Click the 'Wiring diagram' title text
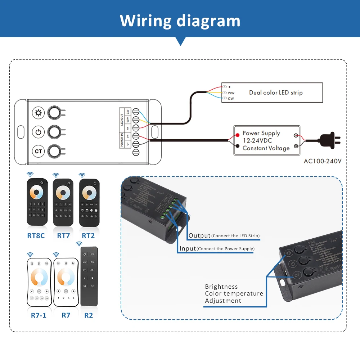pyautogui.click(x=180, y=21)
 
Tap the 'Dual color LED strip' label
pyautogui.click(x=276, y=93)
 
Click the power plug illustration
pyautogui.click(x=328, y=140)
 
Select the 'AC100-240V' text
pyautogui.click(x=322, y=161)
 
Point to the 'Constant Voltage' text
pyautogui.click(x=266, y=148)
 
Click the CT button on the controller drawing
pyautogui.click(x=38, y=151)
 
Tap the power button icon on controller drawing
pyautogui.click(x=38, y=132)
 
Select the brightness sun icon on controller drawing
pyautogui.click(x=38, y=113)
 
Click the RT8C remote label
pyautogui.click(x=36, y=236)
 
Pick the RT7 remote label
pyautogui.click(x=63, y=236)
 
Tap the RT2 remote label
pyautogui.click(x=88, y=236)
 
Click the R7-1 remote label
pyautogui.click(x=39, y=315)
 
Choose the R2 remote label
pyautogui.click(x=89, y=315)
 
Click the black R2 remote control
pyautogui.click(x=89, y=276)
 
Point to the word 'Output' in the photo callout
pyautogui.click(x=199, y=236)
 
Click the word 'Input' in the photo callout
pyautogui.click(x=188, y=248)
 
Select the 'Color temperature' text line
pyautogui.click(x=234, y=293)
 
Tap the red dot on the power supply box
pyautogui.click(x=238, y=135)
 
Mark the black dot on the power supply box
pyautogui.click(x=238, y=146)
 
